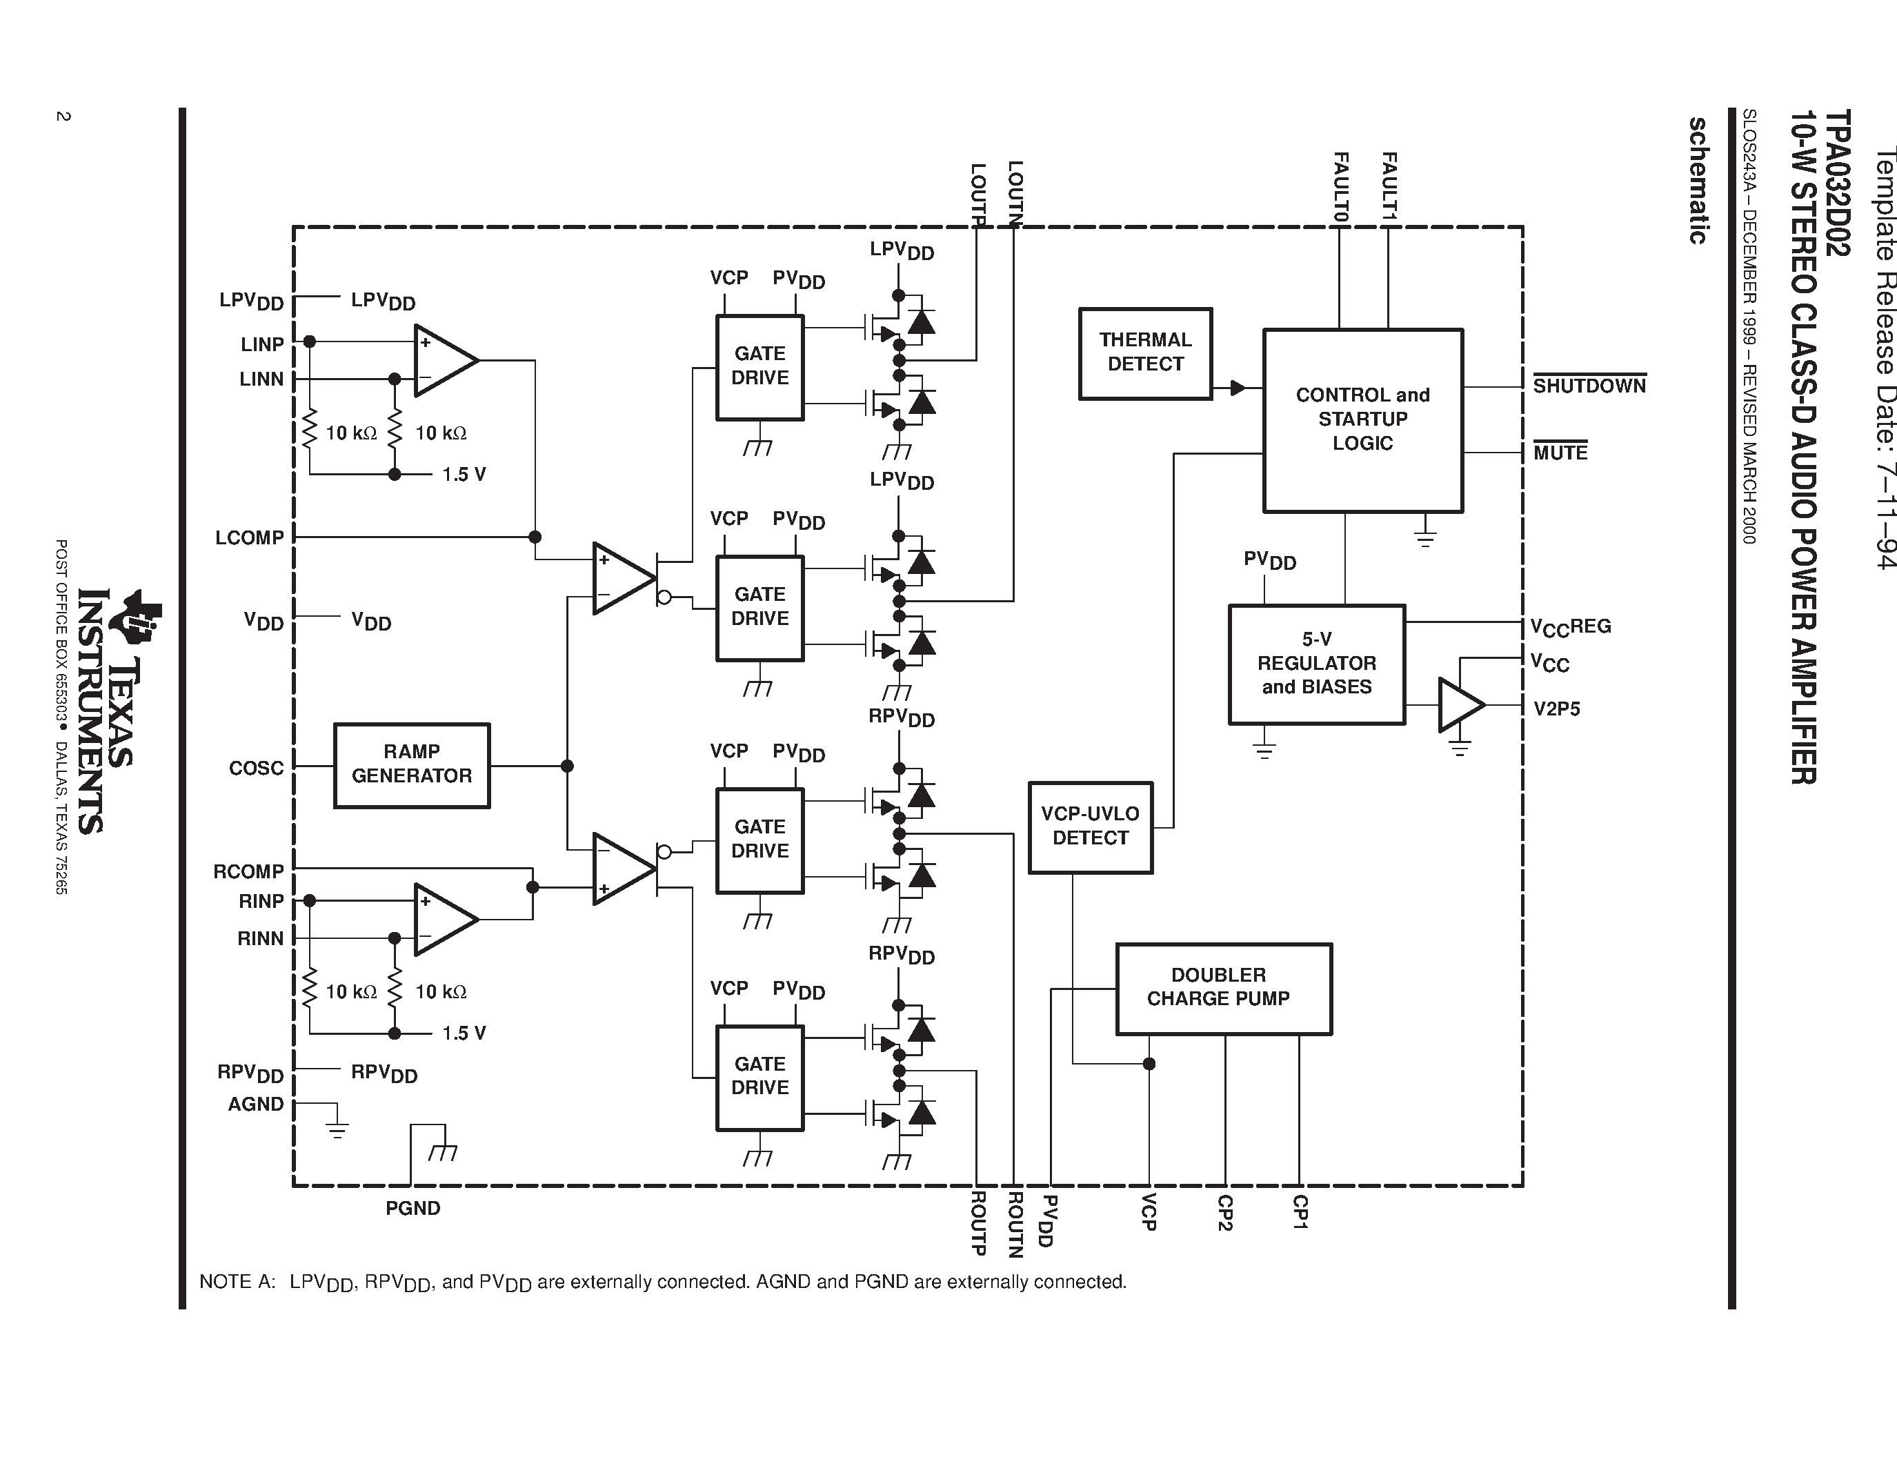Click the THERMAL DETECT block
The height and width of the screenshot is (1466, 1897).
[x=1145, y=353]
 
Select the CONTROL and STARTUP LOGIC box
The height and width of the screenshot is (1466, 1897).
[x=1362, y=419]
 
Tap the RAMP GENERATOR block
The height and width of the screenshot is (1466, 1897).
[x=412, y=764]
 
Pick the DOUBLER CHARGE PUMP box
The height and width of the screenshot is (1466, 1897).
[x=1223, y=989]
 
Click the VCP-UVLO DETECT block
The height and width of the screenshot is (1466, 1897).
[x=1090, y=826]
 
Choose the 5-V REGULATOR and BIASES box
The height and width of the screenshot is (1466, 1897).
[x=1316, y=664]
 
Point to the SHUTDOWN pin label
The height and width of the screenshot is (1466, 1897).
[x=1589, y=386]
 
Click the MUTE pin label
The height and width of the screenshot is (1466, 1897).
[x=1560, y=453]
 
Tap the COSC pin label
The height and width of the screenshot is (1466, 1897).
[x=256, y=768]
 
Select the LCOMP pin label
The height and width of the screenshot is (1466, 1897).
[x=249, y=537]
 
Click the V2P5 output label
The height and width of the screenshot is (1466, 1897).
[x=1556, y=709]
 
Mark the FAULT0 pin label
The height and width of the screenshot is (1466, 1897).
[x=1340, y=187]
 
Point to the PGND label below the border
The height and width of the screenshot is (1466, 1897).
[x=413, y=1208]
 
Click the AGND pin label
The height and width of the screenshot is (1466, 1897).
[x=255, y=1104]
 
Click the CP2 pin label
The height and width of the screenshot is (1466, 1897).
[x=1224, y=1214]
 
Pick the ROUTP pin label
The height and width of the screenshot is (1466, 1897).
[x=977, y=1223]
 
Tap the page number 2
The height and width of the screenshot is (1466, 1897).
[x=63, y=117]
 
